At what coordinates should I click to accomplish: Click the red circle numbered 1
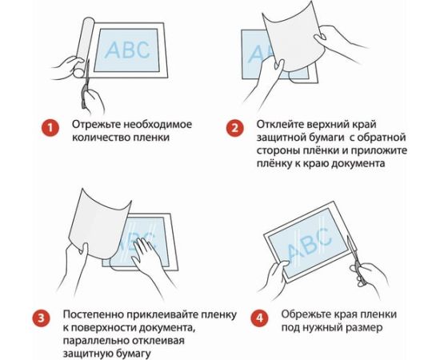(x=50, y=129)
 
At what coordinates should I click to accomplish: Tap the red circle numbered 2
(x=235, y=128)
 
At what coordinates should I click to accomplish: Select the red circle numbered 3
(x=42, y=318)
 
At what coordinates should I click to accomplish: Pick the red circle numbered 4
(x=259, y=318)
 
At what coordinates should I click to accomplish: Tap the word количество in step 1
(x=101, y=138)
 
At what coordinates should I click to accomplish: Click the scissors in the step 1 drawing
(x=86, y=85)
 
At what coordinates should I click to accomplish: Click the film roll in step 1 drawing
(x=84, y=47)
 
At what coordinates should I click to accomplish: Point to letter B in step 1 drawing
(x=127, y=50)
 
